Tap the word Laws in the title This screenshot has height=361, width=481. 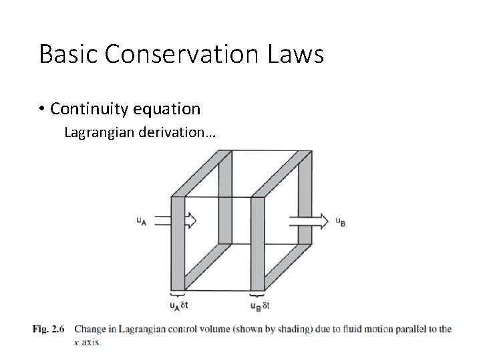(x=299, y=54)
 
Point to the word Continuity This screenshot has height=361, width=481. (x=86, y=108)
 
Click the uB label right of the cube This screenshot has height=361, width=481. (x=340, y=221)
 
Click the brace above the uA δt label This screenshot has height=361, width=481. (x=177, y=295)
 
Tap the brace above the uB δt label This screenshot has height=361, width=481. (x=257, y=295)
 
